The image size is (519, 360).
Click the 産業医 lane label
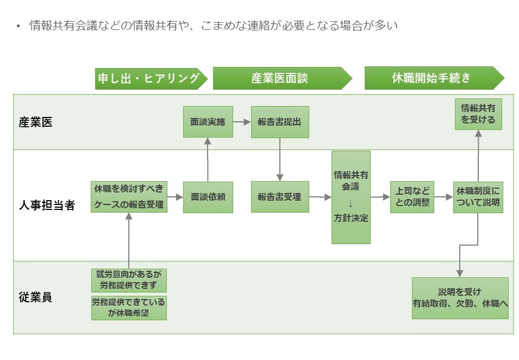click(36, 122)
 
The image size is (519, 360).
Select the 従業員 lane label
click(36, 297)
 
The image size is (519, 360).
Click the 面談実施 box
click(208, 122)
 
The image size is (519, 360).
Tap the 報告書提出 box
click(279, 122)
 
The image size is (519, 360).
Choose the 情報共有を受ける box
click(478, 114)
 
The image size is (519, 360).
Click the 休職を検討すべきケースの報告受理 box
click(129, 197)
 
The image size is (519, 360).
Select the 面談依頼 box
click(208, 197)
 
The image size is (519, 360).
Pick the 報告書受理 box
click(279, 197)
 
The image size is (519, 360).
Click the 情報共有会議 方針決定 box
click(351, 197)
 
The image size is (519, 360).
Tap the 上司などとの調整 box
click(412, 197)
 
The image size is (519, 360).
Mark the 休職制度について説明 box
click(478, 197)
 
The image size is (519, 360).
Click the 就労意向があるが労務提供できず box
click(129, 280)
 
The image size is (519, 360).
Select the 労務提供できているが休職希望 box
click(129, 307)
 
